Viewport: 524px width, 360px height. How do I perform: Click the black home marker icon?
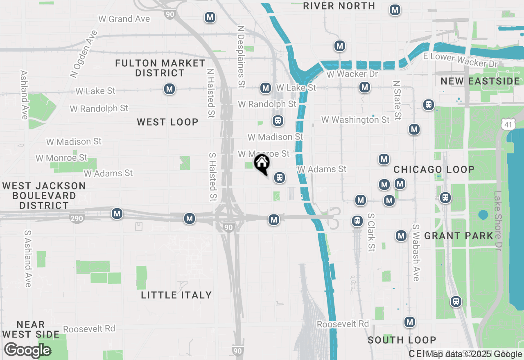(262, 164)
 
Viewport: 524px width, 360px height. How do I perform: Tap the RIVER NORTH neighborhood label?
(339, 6)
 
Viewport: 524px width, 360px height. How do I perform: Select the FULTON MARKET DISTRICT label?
(160, 68)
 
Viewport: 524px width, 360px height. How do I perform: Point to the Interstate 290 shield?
(77, 218)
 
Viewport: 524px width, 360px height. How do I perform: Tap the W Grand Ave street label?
(124, 19)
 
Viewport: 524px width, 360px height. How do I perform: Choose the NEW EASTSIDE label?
(480, 81)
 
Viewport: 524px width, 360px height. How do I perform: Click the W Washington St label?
(355, 119)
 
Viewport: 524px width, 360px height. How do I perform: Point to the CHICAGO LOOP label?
(434, 169)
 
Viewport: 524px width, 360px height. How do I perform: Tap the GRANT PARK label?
(458, 236)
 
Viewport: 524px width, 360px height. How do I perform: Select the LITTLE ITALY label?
(176, 295)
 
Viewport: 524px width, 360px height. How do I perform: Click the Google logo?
(27, 350)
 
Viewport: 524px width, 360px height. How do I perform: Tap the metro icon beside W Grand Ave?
(210, 17)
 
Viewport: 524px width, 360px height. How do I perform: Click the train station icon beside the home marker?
(280, 178)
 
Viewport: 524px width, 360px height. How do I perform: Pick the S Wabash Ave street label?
(416, 252)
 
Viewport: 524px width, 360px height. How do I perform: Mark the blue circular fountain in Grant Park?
(483, 214)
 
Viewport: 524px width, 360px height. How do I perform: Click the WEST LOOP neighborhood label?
(167, 122)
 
